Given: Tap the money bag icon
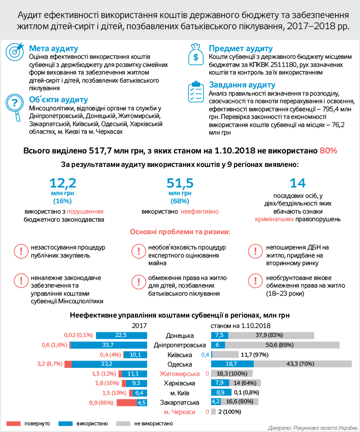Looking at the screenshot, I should pyautogui.click(x=196, y=54).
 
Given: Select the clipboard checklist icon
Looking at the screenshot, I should pyautogui.click(x=196, y=92).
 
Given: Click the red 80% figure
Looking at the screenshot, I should pyautogui.click(x=328, y=151).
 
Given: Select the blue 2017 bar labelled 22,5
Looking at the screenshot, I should pyautogui.click(x=121, y=335).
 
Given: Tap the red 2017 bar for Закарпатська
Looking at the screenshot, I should pyautogui.click(x=126, y=402).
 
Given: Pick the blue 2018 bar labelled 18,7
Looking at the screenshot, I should pyautogui.click(x=232, y=364).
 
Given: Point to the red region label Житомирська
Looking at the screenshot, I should pyautogui.click(x=179, y=374).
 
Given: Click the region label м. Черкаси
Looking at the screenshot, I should pyautogui.click(x=179, y=412).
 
